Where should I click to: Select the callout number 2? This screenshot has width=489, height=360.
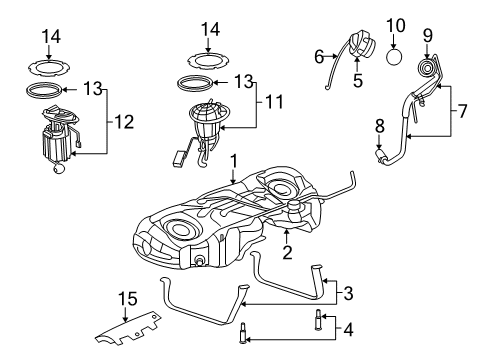pyautogui.click(x=287, y=255)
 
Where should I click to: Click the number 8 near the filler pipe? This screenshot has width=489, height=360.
pyautogui.click(x=380, y=127)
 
